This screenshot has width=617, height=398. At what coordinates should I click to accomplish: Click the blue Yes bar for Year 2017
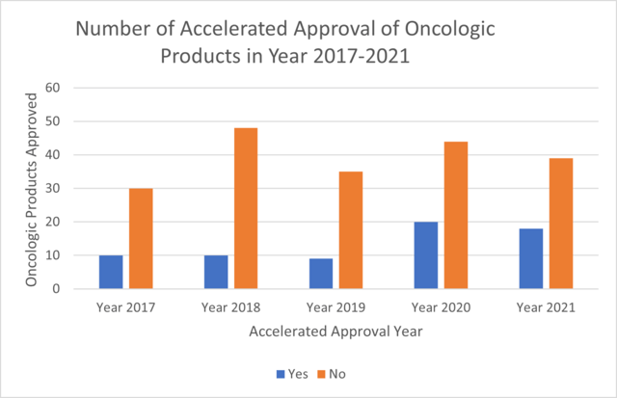point(111,272)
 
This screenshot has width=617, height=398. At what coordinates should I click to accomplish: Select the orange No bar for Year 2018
point(246,208)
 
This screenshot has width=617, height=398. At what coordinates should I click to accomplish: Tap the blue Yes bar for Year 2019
point(321,274)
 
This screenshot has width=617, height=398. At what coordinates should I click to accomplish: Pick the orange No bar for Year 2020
point(456,215)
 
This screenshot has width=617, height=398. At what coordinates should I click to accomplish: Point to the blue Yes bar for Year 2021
point(531,258)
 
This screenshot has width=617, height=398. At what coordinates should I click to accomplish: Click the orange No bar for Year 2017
point(141,238)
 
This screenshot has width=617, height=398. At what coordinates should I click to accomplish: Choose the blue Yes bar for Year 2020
point(426,255)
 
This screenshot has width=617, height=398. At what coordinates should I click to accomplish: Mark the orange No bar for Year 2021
point(561,224)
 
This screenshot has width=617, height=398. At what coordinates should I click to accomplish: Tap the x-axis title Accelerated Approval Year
point(334,332)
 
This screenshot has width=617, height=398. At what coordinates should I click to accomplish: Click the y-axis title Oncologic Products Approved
point(31,189)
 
